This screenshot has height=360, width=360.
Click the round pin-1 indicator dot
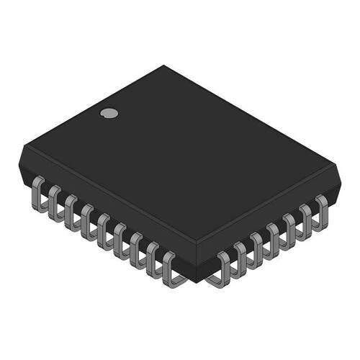point(109,112)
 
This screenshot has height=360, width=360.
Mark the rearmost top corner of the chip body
point(164,66)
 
